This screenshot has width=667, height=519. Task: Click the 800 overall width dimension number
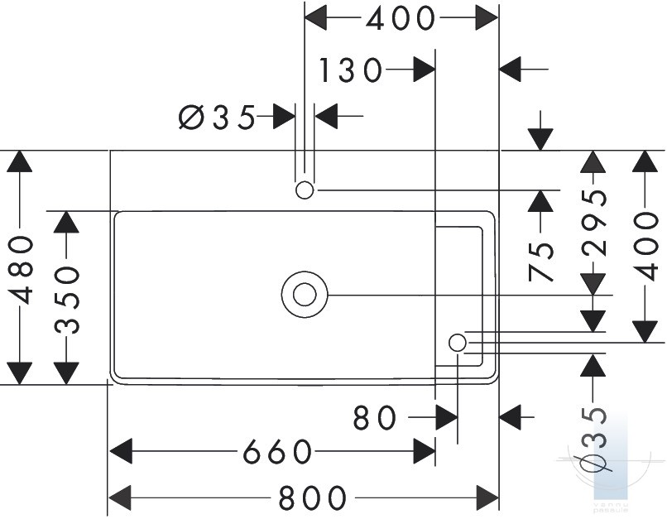(x=313, y=497)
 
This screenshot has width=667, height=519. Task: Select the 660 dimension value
(x=277, y=451)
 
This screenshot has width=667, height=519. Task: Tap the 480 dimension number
(x=21, y=270)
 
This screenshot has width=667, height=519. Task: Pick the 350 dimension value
(x=67, y=300)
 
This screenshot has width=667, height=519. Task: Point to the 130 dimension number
(x=350, y=70)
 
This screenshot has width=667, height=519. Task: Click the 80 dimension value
(x=374, y=417)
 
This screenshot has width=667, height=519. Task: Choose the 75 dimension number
(x=540, y=262)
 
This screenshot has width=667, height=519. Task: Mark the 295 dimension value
(x=593, y=222)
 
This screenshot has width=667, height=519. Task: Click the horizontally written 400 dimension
(x=401, y=18)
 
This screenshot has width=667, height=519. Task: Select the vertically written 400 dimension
(x=645, y=247)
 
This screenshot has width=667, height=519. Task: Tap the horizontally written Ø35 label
(x=217, y=117)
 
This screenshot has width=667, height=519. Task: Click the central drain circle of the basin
(x=305, y=295)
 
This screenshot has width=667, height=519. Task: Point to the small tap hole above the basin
(x=305, y=190)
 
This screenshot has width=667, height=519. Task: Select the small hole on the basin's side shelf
(x=458, y=343)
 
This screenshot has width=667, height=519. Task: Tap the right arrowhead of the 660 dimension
(x=424, y=451)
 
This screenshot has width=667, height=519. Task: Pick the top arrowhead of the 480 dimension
(x=20, y=161)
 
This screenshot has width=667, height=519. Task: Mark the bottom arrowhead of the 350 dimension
(x=66, y=373)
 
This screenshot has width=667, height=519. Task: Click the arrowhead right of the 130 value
(x=424, y=70)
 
